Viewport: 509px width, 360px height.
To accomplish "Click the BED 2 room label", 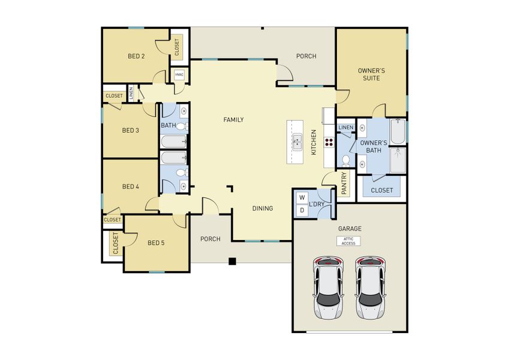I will click(136, 56).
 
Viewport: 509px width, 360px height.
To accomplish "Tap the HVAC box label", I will click(179, 75).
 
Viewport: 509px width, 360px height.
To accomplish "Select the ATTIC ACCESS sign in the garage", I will click(348, 241).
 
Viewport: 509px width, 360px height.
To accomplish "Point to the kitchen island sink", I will click(297, 142).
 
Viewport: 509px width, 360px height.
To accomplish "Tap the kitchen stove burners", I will click(329, 142).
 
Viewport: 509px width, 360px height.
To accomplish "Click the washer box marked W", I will click(302, 197).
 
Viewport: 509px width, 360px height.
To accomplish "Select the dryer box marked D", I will click(302, 210).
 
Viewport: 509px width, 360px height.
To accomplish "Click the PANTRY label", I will click(344, 184).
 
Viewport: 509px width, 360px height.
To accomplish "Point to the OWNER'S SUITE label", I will click(371, 74).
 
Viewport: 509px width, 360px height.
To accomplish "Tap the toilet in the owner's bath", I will click(347, 160).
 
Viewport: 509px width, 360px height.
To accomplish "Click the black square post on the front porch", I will click(232, 261).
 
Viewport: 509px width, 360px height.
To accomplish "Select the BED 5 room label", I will click(156, 243).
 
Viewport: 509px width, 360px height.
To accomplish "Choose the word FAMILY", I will click(233, 120).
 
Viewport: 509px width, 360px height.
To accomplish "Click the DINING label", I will click(262, 209).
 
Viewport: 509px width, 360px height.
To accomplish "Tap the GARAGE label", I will click(350, 229).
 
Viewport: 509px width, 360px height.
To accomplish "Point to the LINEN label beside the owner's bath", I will click(345, 128).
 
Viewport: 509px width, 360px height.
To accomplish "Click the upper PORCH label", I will click(306, 56).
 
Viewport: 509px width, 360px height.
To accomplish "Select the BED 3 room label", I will click(131, 130).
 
